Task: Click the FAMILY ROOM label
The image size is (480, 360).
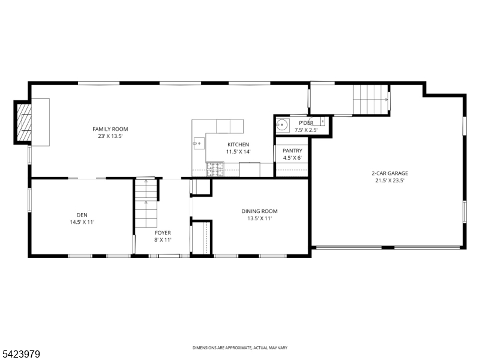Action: coord(110,129)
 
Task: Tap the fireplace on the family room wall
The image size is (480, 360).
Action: coord(25,123)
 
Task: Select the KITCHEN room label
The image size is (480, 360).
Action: coord(238,145)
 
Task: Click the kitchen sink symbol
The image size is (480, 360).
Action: coord(198,143)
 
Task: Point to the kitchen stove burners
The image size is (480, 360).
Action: coord(215,170)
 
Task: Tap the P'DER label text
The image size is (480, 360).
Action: coord(306,123)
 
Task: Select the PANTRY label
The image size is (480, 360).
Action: coord(292,151)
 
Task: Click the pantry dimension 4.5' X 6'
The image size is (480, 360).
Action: coord(292,158)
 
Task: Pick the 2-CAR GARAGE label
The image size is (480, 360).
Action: coord(389,173)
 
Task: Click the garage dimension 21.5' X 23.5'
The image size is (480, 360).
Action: coord(389,181)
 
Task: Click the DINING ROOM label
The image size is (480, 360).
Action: coord(259,211)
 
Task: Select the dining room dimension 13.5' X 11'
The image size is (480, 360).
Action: coord(259,219)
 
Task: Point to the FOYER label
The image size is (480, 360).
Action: coord(163,232)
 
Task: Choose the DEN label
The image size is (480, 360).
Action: coord(82,215)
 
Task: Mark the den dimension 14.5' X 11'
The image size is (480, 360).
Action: coord(82,222)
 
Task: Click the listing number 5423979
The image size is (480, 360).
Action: coord(21,355)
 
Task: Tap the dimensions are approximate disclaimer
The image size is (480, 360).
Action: coord(240,348)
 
